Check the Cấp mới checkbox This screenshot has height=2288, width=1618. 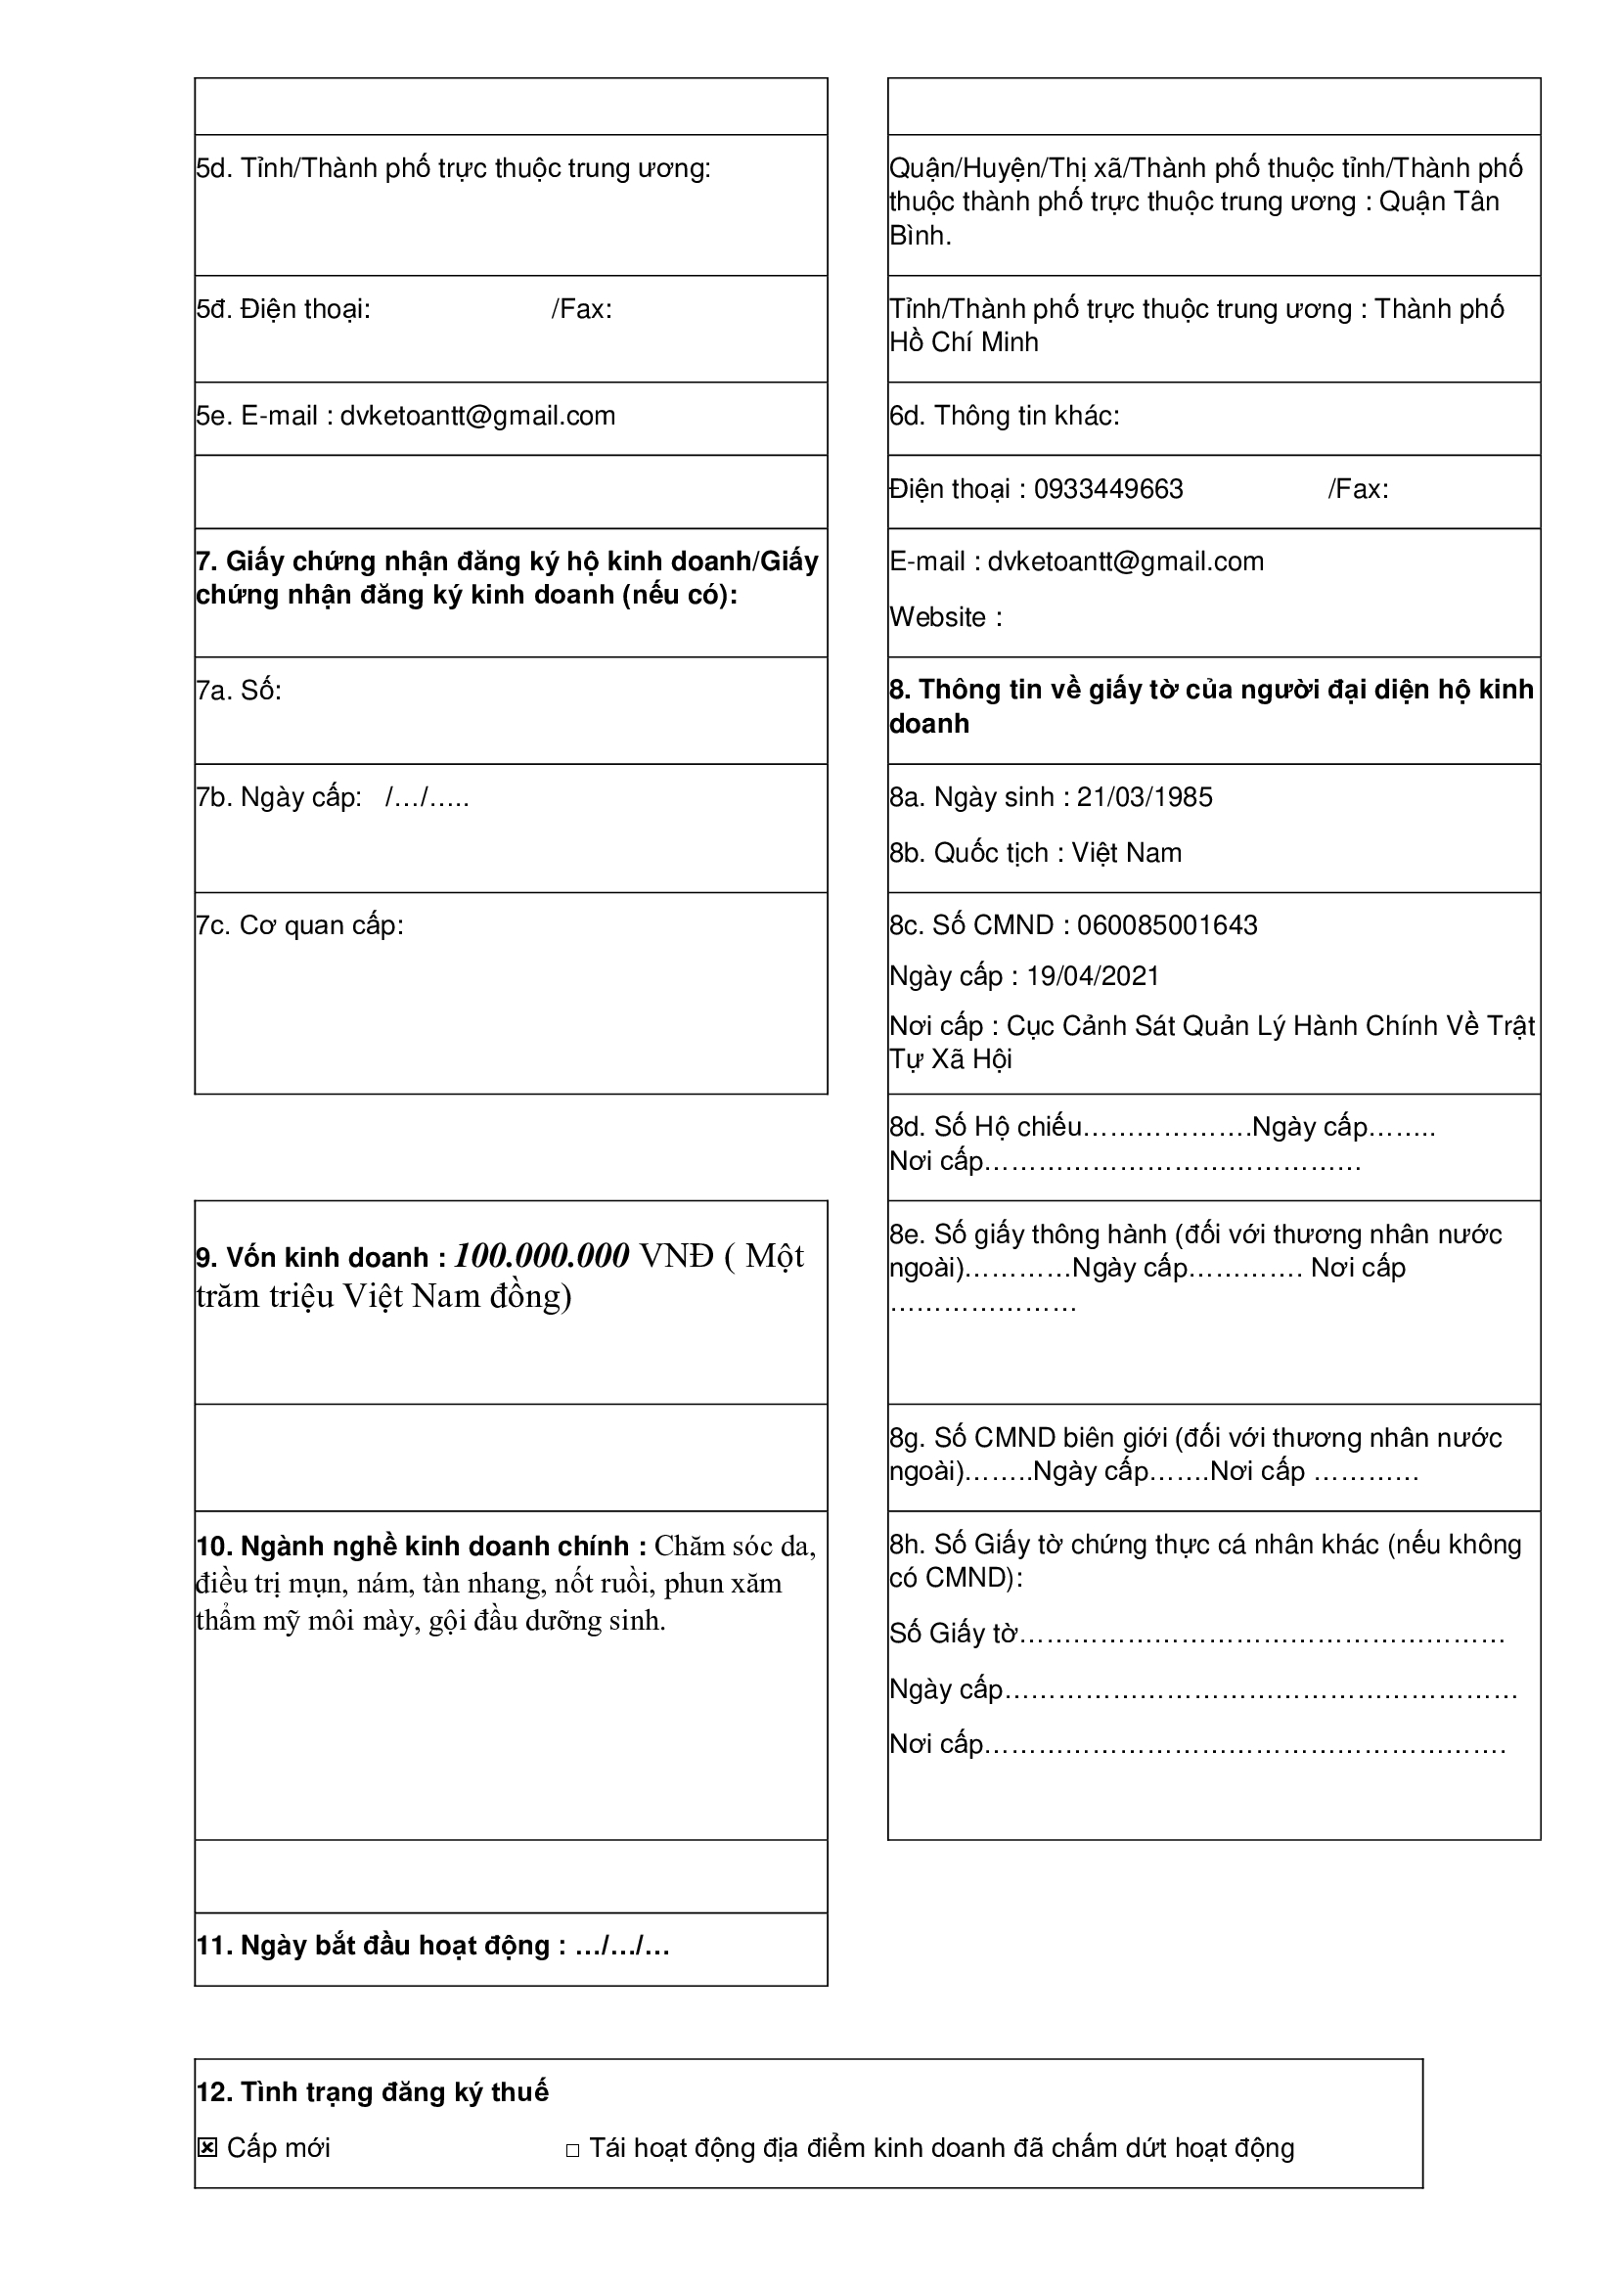(x=206, y=2147)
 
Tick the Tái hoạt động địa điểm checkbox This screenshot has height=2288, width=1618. (x=573, y=2150)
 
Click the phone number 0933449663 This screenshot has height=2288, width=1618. (x=1108, y=488)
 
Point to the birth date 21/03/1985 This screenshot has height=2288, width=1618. (x=1145, y=797)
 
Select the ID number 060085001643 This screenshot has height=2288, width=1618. (x=1167, y=924)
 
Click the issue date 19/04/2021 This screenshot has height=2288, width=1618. (x=1093, y=975)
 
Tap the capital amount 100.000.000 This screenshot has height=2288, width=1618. (x=541, y=1256)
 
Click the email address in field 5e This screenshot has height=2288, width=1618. (x=477, y=416)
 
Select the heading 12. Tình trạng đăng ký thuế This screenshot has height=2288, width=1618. (x=372, y=2091)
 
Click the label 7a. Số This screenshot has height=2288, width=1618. (x=239, y=691)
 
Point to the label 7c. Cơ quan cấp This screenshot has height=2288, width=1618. (x=300, y=924)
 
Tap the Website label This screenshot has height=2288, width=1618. (x=946, y=617)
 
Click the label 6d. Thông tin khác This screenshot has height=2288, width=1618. (x=1005, y=416)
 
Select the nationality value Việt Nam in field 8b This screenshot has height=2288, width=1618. (x=1126, y=853)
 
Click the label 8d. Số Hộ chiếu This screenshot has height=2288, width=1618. (x=985, y=1126)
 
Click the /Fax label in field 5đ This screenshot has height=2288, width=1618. (x=582, y=309)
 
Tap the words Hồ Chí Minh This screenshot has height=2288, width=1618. (x=964, y=342)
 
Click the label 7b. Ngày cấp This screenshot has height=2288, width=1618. (x=278, y=797)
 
